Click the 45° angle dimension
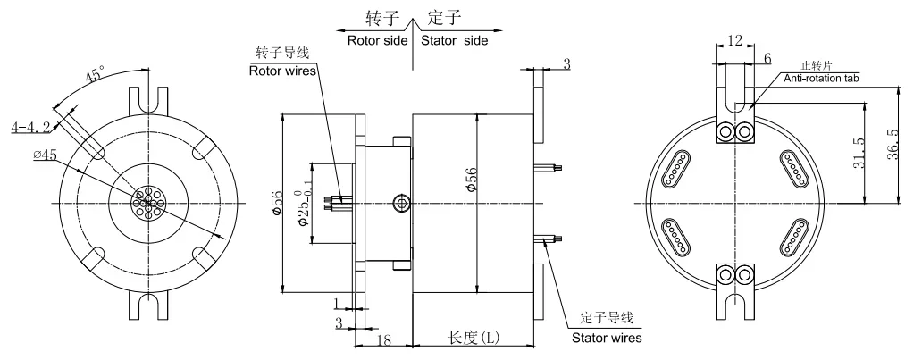(94, 75)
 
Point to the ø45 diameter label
(42, 155)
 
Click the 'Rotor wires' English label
(283, 72)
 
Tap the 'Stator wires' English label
(607, 338)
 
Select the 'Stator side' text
(456, 40)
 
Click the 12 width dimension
(733, 41)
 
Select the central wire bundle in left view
(147, 204)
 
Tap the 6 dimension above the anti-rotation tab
(767, 57)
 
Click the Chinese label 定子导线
(607, 318)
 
